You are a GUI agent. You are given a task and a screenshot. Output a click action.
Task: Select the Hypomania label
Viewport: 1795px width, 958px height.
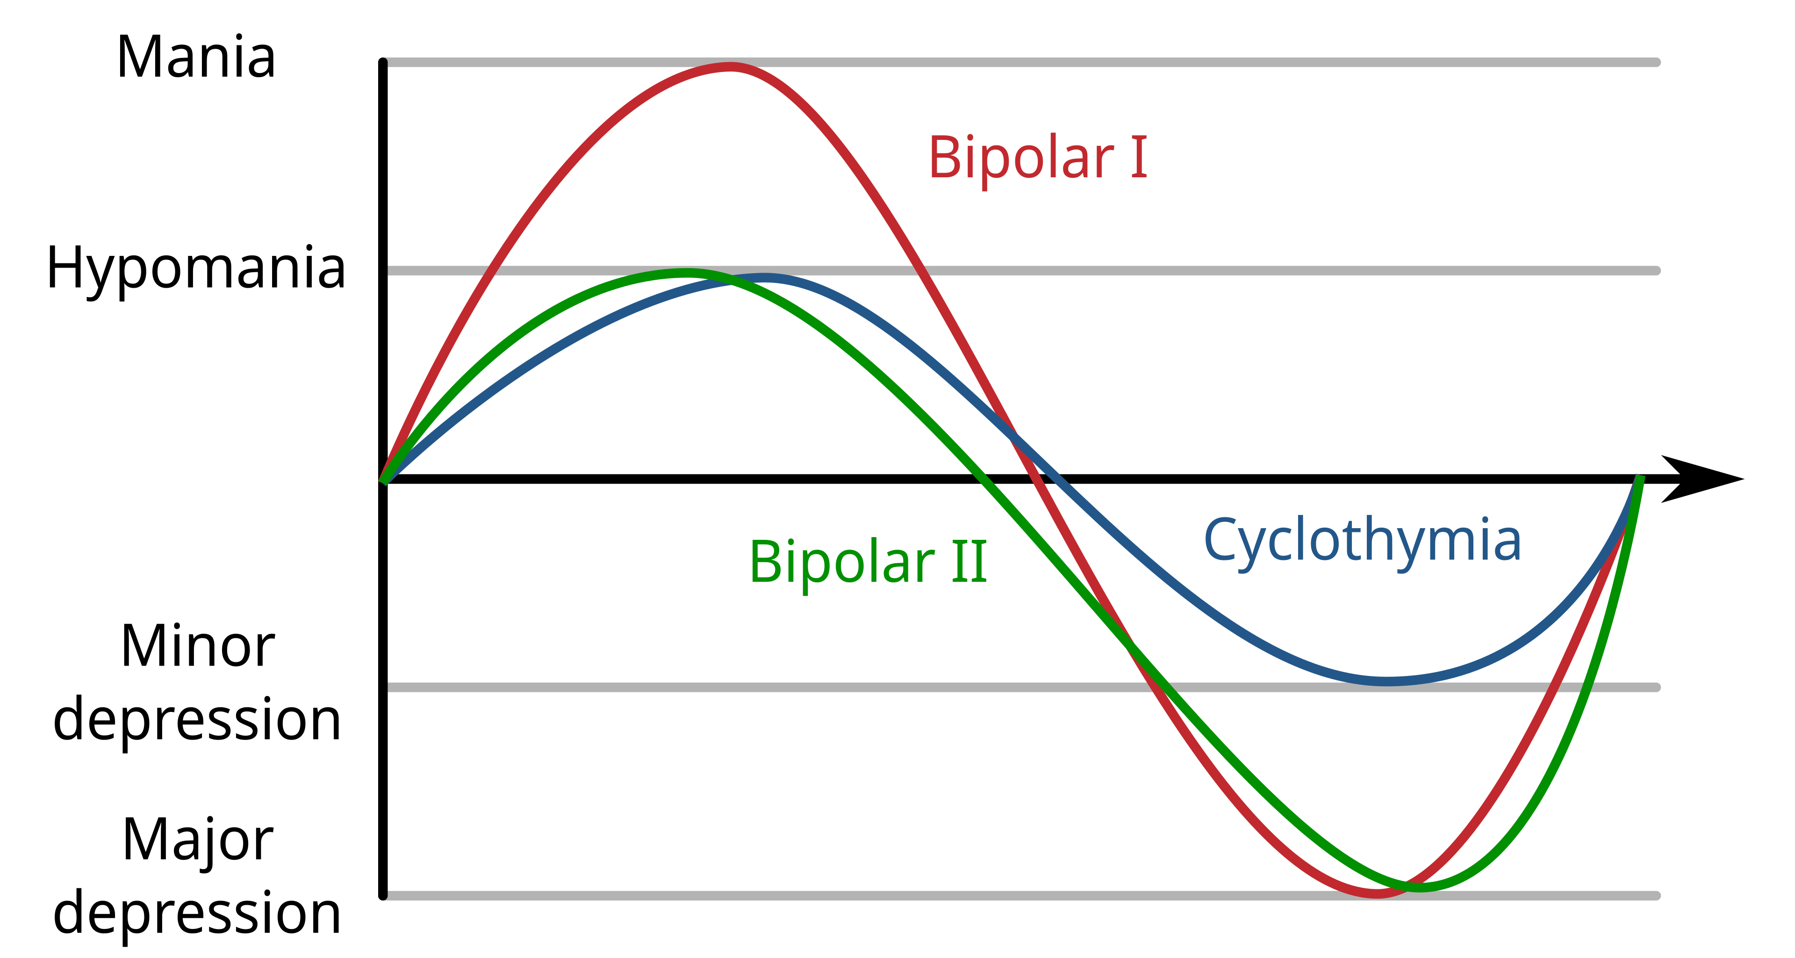(196, 270)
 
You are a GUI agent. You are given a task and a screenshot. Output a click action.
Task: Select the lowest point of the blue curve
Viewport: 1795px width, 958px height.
(1386, 681)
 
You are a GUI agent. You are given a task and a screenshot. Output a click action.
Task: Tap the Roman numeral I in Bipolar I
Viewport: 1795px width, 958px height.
(1139, 158)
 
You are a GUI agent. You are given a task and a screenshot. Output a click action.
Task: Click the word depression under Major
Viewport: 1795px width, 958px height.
(197, 914)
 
